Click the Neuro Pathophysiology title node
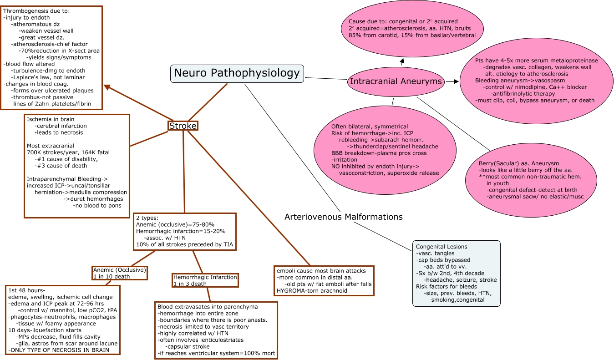click(x=237, y=73)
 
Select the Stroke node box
click(x=183, y=126)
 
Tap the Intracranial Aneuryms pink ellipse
click(x=395, y=81)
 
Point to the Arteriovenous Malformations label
click(x=343, y=217)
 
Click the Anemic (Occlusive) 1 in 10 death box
click(x=119, y=273)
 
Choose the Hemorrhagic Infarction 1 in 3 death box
click(x=205, y=280)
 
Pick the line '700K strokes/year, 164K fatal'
click(x=68, y=152)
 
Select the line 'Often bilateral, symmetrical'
click(x=369, y=126)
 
